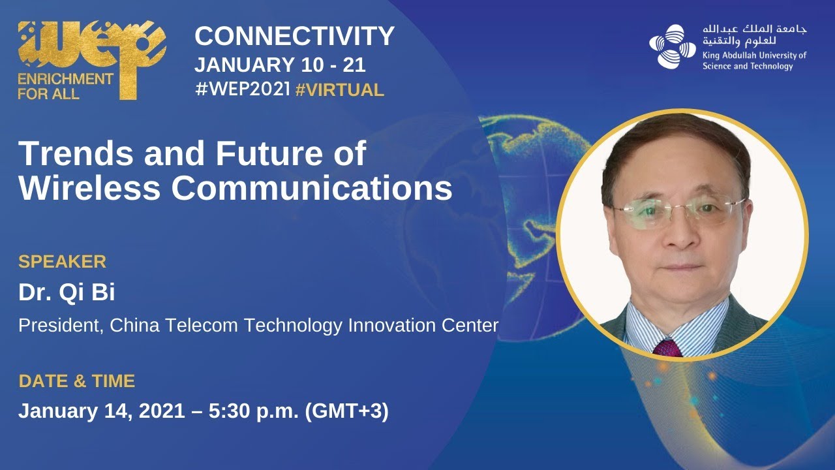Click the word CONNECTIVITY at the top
(294, 37)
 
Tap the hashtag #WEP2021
(242, 89)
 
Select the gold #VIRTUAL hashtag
(340, 89)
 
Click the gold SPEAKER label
(62, 262)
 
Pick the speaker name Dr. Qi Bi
(67, 293)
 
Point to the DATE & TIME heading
(76, 381)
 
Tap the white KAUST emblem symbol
(673, 47)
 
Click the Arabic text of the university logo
(754, 35)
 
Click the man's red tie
(667, 347)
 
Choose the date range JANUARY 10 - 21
(280, 65)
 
